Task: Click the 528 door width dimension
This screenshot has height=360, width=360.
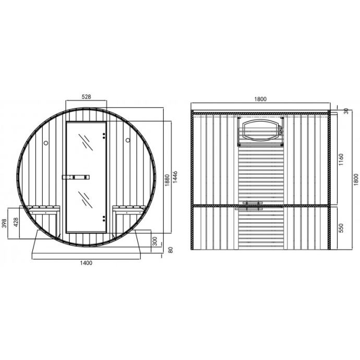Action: click(86, 97)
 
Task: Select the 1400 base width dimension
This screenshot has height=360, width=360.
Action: click(86, 263)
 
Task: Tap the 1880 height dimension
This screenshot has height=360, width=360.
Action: click(167, 180)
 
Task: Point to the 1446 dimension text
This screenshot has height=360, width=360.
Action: click(175, 177)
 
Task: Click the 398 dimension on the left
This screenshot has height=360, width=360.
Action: click(4, 223)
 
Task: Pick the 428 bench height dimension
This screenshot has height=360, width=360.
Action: click(16, 222)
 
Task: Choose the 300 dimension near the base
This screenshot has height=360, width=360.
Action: click(155, 241)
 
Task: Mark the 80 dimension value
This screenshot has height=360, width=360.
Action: click(171, 250)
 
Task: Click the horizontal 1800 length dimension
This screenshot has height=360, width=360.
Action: click(260, 99)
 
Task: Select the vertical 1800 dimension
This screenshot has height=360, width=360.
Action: click(356, 179)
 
